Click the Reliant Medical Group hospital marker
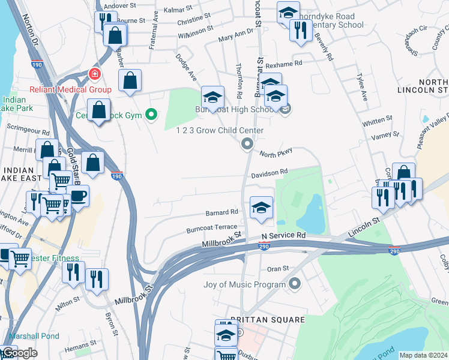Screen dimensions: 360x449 [x=94, y=74]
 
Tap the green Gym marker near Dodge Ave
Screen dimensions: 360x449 [x=152, y=114]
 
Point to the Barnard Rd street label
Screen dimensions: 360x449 [x=221, y=212]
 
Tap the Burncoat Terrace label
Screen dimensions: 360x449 [x=212, y=229]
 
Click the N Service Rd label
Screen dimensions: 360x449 [x=283, y=236]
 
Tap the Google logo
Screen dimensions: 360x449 [x=19, y=353]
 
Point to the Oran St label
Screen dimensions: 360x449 [x=278, y=268]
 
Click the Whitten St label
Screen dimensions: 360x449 [x=378, y=121]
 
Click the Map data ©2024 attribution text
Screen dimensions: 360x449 [x=423, y=355]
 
